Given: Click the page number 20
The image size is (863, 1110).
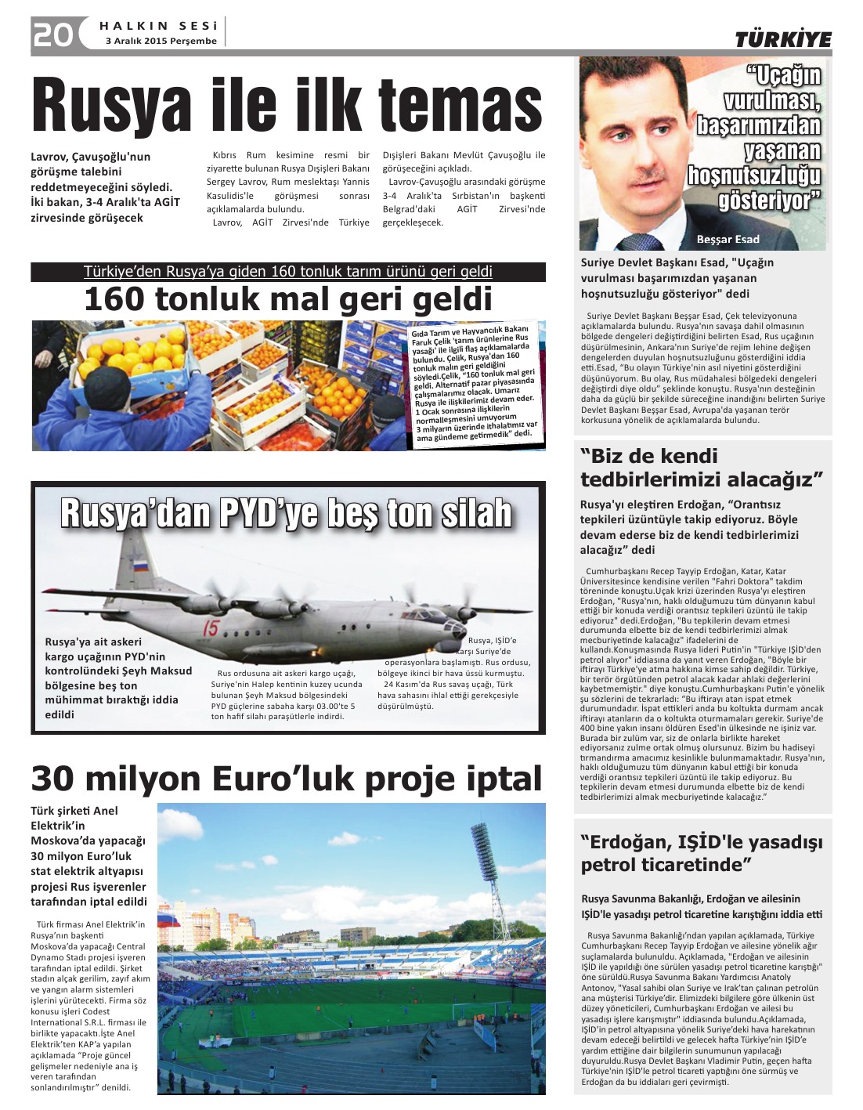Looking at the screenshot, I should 52,34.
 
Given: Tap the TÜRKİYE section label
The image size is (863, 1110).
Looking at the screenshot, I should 782,40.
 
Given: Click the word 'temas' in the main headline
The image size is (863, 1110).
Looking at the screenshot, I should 460,106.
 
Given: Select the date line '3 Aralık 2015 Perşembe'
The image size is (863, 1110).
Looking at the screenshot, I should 161,41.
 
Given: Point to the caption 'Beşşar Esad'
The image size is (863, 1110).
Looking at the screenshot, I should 728,239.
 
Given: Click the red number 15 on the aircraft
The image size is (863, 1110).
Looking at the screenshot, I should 211,627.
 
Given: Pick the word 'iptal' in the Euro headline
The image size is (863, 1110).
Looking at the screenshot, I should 500,779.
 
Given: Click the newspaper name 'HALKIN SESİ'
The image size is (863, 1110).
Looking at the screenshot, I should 158,26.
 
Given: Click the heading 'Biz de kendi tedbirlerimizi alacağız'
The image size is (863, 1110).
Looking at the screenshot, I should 702,468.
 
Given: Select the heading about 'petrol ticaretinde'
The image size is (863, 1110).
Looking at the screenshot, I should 702,854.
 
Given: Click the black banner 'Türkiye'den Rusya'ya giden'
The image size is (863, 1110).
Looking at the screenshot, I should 287,272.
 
